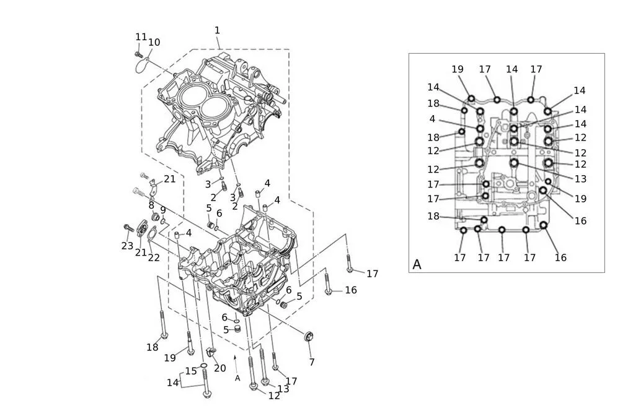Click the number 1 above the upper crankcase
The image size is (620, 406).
(x=217, y=30)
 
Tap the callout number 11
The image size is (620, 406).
(x=141, y=37)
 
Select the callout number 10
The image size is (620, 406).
(x=154, y=42)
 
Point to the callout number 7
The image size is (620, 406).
(x=312, y=362)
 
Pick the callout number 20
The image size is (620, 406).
(x=220, y=368)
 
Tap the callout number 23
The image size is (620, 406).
(x=127, y=246)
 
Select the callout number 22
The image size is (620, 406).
(x=154, y=257)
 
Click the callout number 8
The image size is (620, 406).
(x=151, y=205)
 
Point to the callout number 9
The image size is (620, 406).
(x=162, y=210)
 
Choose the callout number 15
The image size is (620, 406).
(x=191, y=371)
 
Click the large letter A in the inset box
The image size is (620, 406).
(x=417, y=264)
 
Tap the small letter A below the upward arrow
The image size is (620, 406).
(x=237, y=378)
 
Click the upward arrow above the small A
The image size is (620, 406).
(x=235, y=360)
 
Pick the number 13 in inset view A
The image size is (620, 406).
(x=581, y=179)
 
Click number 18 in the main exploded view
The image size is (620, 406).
(x=153, y=347)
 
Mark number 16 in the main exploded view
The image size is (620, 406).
(x=351, y=290)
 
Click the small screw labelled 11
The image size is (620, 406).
(x=138, y=54)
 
